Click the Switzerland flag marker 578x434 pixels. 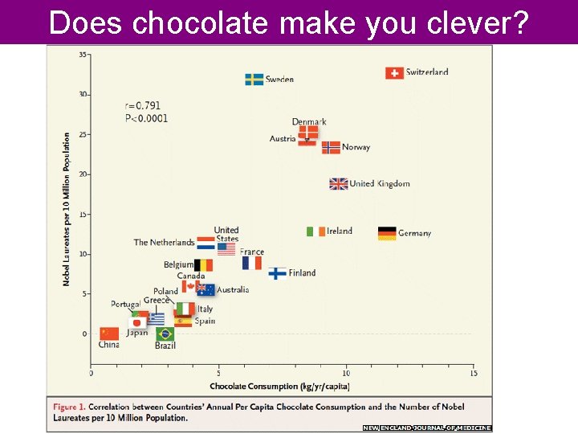coord(394,73)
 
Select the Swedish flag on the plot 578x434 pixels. coord(254,80)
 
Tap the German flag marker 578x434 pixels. coord(387,233)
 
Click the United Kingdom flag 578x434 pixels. coord(339,184)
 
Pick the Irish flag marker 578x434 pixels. coord(315,231)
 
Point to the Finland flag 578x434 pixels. coord(277,273)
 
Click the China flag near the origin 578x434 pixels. coord(108,334)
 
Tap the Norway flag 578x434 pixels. coord(331,148)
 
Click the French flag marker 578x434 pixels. coord(251,263)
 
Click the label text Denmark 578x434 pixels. coord(309,122)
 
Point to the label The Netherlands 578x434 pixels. coord(164,242)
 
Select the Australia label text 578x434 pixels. coord(233,289)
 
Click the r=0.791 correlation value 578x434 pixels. coord(142,105)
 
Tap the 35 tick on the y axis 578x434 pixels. coord(83,54)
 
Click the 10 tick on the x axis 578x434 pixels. coord(346,373)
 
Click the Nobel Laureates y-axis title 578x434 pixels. coord(67,209)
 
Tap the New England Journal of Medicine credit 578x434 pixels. coord(426,428)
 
